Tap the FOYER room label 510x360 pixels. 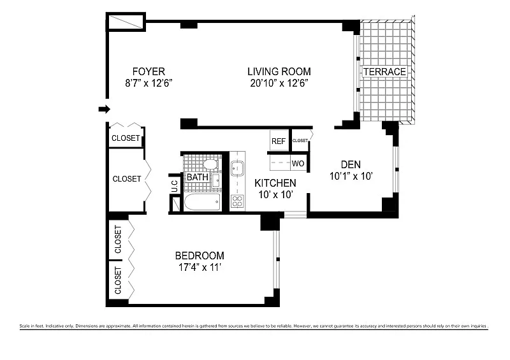149,71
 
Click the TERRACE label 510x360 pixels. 384,72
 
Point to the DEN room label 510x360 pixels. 350,163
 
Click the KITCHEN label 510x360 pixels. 275,183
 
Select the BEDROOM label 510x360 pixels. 200,256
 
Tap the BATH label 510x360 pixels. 198,177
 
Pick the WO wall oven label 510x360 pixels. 298,164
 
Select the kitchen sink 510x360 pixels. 237,169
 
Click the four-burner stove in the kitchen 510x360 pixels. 237,201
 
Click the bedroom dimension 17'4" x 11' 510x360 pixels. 200,268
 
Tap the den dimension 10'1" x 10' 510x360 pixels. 350,175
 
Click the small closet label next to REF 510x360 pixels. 300,140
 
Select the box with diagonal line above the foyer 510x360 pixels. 125,22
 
